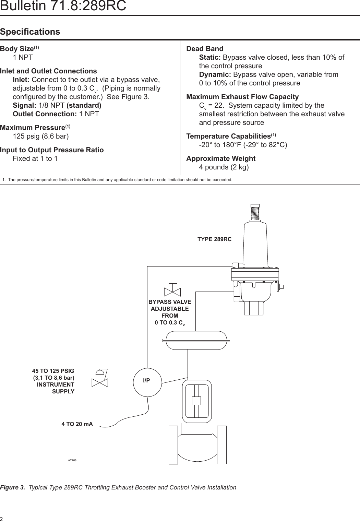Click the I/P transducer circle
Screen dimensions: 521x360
click(147, 382)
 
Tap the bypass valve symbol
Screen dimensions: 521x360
click(172, 292)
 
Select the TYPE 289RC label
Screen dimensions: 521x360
click(214, 239)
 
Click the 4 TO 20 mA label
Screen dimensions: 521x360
click(77, 424)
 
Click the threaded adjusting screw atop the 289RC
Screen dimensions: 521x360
click(255, 212)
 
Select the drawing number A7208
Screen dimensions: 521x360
click(72, 460)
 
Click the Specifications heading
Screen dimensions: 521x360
click(30, 32)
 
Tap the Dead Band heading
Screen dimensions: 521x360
click(205, 49)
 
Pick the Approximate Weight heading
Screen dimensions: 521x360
click(221, 158)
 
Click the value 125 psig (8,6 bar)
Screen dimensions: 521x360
click(41, 136)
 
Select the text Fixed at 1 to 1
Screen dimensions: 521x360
click(35, 158)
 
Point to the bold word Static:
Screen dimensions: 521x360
click(210, 57)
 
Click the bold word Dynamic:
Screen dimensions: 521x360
click(215, 74)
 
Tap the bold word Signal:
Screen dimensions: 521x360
click(24, 105)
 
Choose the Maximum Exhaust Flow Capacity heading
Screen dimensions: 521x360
click(242, 97)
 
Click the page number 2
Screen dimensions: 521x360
click(2, 519)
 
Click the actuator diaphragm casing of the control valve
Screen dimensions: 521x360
click(196, 340)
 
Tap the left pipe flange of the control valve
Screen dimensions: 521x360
click(173, 445)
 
